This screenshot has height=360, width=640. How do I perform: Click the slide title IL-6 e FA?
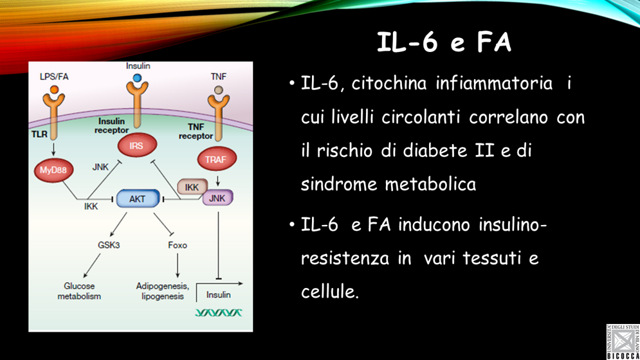[444, 42]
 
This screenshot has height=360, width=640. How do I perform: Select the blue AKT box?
[137, 199]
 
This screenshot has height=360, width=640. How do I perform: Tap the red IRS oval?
[136, 147]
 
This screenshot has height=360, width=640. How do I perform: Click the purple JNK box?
[217, 199]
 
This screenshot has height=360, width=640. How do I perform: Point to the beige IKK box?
[192, 188]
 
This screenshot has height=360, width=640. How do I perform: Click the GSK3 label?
[109, 245]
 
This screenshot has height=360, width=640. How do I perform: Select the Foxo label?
[178, 245]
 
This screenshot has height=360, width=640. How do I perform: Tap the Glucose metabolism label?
[79, 291]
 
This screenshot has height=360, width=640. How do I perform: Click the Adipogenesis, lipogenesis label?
[162, 291]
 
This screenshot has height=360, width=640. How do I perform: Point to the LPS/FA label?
[54, 76]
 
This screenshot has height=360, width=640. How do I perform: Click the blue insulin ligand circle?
[137, 78]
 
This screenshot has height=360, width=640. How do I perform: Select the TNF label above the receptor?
[219, 76]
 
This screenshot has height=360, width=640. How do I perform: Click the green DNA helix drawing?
[219, 313]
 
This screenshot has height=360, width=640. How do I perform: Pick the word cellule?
[329, 291]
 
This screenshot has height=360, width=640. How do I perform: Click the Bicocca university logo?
[622, 341]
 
